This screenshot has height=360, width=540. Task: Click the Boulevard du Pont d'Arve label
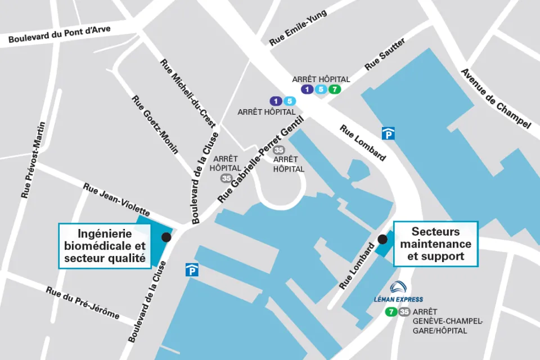point(59,35)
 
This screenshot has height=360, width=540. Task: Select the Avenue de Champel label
point(495,98)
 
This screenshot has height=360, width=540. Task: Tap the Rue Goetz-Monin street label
point(155,124)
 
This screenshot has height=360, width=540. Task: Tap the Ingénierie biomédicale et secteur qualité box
point(105,246)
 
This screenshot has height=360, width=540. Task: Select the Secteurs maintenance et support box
point(435,244)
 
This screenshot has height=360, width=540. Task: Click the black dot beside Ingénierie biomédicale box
point(166,237)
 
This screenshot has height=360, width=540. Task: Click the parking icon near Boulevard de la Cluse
point(191,271)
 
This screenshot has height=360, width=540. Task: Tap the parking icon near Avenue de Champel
point(388,133)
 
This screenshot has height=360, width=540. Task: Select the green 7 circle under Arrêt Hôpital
point(335,89)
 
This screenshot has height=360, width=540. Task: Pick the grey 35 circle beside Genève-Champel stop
point(404,312)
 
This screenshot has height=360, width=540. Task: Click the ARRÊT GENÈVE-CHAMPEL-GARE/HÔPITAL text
point(447,321)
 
